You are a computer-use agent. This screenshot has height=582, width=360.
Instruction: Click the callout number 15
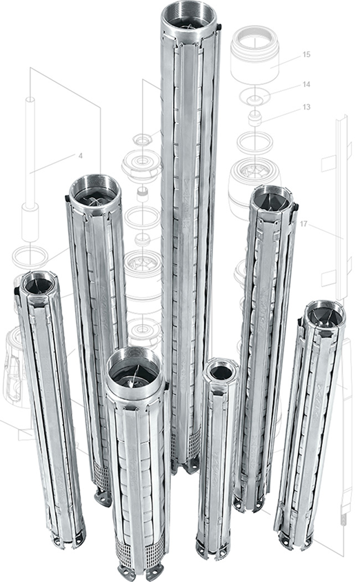pos(306,54)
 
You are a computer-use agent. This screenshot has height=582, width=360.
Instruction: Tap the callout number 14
pos(306,84)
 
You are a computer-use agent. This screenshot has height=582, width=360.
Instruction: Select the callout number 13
pos(306,107)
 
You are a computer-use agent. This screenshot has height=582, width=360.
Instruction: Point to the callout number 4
pos(81,156)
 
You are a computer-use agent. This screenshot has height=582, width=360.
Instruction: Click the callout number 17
pos(303,224)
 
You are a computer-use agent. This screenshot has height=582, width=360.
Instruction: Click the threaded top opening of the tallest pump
pos(188,16)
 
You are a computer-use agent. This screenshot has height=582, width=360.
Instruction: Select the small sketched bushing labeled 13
pos(254,117)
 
